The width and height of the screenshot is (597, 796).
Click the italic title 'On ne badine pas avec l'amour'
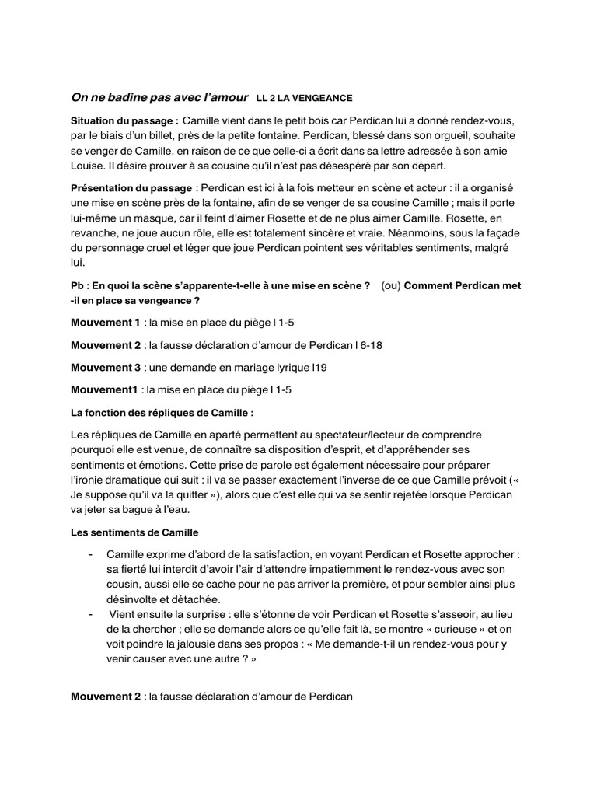pos(159,98)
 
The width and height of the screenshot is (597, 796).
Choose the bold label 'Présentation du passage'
pos(131,188)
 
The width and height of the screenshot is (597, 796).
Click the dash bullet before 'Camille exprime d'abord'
pos(92,554)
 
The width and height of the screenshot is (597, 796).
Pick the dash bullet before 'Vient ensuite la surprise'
pos(92,614)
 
